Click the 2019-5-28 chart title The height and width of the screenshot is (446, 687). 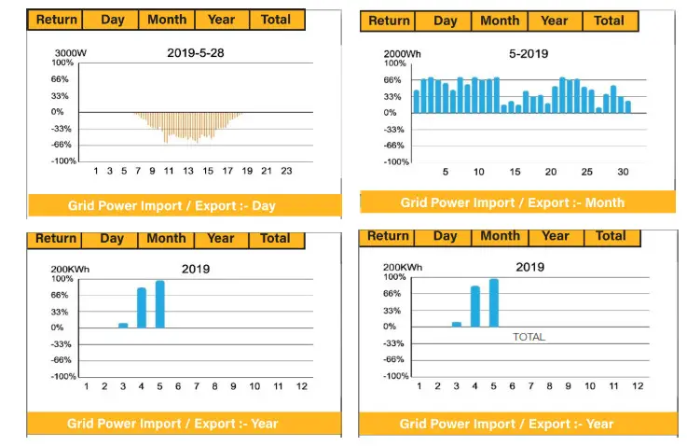pos(196,53)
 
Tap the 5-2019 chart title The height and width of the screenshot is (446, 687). pos(528,53)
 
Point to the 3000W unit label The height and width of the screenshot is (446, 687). pos(70,52)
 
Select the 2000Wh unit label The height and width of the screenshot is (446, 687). pos(404,53)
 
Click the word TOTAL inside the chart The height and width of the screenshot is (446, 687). pos(529,337)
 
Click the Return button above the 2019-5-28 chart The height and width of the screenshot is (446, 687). pos(56,20)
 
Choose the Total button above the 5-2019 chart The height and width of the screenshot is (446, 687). pos(609,21)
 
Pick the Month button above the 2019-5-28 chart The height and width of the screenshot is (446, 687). pos(166,20)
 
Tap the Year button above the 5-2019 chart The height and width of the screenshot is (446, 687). pos(554,21)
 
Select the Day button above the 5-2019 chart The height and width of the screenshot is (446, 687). pos(446,21)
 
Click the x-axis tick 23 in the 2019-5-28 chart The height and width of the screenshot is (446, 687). pos(286,171)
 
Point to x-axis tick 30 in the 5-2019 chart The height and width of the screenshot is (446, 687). pos(623,172)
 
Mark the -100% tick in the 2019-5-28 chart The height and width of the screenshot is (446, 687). pos(63,161)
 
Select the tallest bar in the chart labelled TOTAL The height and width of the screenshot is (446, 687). pos(493,302)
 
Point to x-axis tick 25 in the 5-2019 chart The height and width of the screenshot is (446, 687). pos(586,172)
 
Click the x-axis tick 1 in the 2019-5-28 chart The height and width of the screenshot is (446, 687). pos(96,171)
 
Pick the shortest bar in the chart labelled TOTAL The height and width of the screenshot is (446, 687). pos(457,324)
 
